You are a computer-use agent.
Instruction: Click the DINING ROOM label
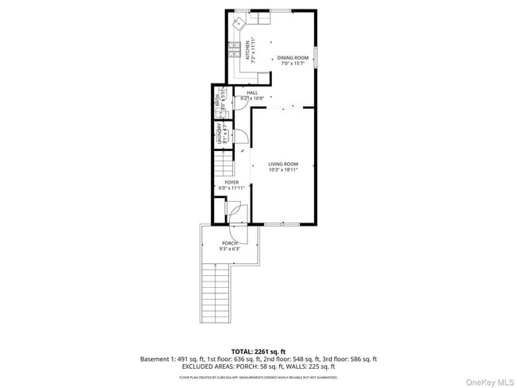coord(292,57)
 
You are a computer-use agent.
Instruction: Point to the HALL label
coord(252,93)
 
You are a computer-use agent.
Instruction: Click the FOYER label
coord(231,182)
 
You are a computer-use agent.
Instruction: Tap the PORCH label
coord(229,243)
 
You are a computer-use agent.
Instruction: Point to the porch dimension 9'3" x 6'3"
coord(229,249)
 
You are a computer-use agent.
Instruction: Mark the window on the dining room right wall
coord(316,57)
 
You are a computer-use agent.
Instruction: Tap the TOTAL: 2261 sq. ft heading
coord(258,350)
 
